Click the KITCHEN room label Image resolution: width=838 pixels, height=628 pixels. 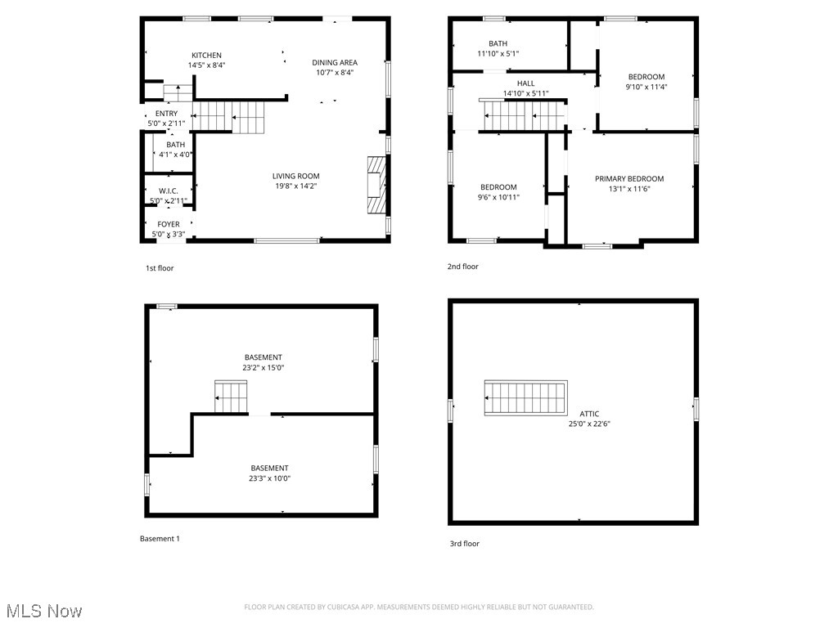tap(206, 56)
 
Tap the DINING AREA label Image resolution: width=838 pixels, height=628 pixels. tap(335, 62)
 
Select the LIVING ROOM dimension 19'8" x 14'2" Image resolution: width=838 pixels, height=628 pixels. tap(296, 186)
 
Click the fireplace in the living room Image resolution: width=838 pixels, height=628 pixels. tap(375, 185)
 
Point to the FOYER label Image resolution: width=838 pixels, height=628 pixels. tap(169, 224)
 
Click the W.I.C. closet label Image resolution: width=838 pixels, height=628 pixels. tap(169, 191)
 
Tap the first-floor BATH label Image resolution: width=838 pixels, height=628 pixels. tap(175, 145)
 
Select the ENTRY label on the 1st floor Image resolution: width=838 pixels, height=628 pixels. tap(166, 114)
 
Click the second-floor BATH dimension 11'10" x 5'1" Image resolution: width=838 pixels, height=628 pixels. tap(498, 54)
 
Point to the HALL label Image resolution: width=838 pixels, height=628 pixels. tap(525, 83)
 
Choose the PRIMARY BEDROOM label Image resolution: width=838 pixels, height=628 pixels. tap(628, 179)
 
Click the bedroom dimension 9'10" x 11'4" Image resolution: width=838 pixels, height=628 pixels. tap(646, 87)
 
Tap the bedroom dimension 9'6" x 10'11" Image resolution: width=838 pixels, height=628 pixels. tap(498, 197)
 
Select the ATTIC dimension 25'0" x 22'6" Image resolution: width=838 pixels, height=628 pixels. tap(589, 424)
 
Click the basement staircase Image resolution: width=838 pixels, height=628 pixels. tap(231, 397)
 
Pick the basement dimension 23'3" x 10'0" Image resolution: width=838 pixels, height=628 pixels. tap(269, 478)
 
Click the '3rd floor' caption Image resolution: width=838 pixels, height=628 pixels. tap(463, 544)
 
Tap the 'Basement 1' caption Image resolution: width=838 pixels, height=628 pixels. tap(160, 539)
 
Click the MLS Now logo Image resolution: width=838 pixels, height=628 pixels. tap(43, 611)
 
